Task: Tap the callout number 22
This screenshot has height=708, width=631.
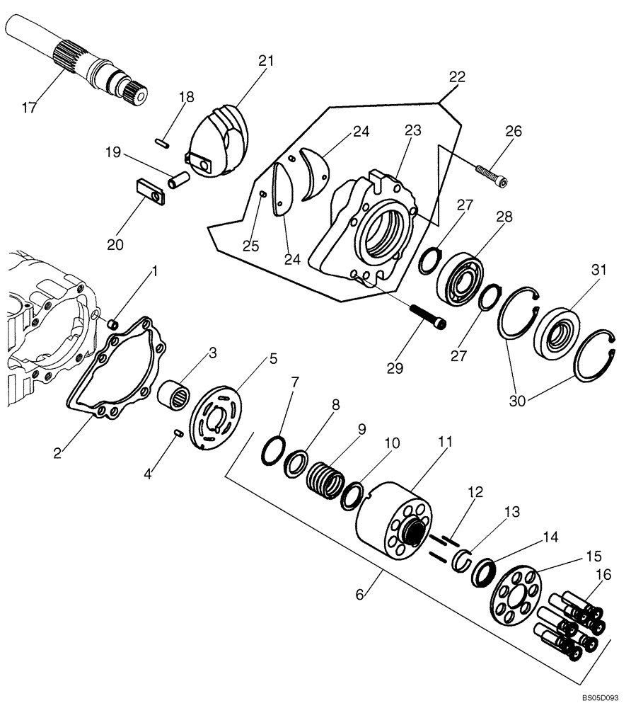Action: click(458, 78)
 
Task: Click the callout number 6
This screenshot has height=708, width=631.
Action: click(360, 595)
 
